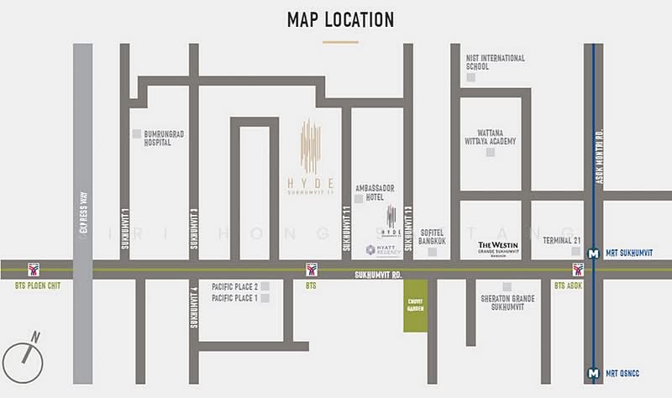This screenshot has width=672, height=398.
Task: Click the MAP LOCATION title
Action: pyautogui.click(x=340, y=18)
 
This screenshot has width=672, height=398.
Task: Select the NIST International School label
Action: pyautogui.click(x=495, y=62)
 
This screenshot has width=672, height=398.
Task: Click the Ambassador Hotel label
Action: pyautogui.click(x=375, y=192)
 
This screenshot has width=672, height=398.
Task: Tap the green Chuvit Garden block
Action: pyautogui.click(x=415, y=306)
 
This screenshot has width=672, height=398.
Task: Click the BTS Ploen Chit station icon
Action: pyautogui.click(x=34, y=270)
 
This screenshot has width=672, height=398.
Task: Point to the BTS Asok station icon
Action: pyautogui.click(x=578, y=270)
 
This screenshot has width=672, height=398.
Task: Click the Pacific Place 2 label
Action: pyautogui.click(x=234, y=286)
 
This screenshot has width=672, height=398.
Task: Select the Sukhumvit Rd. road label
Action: pyautogui.click(x=378, y=274)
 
